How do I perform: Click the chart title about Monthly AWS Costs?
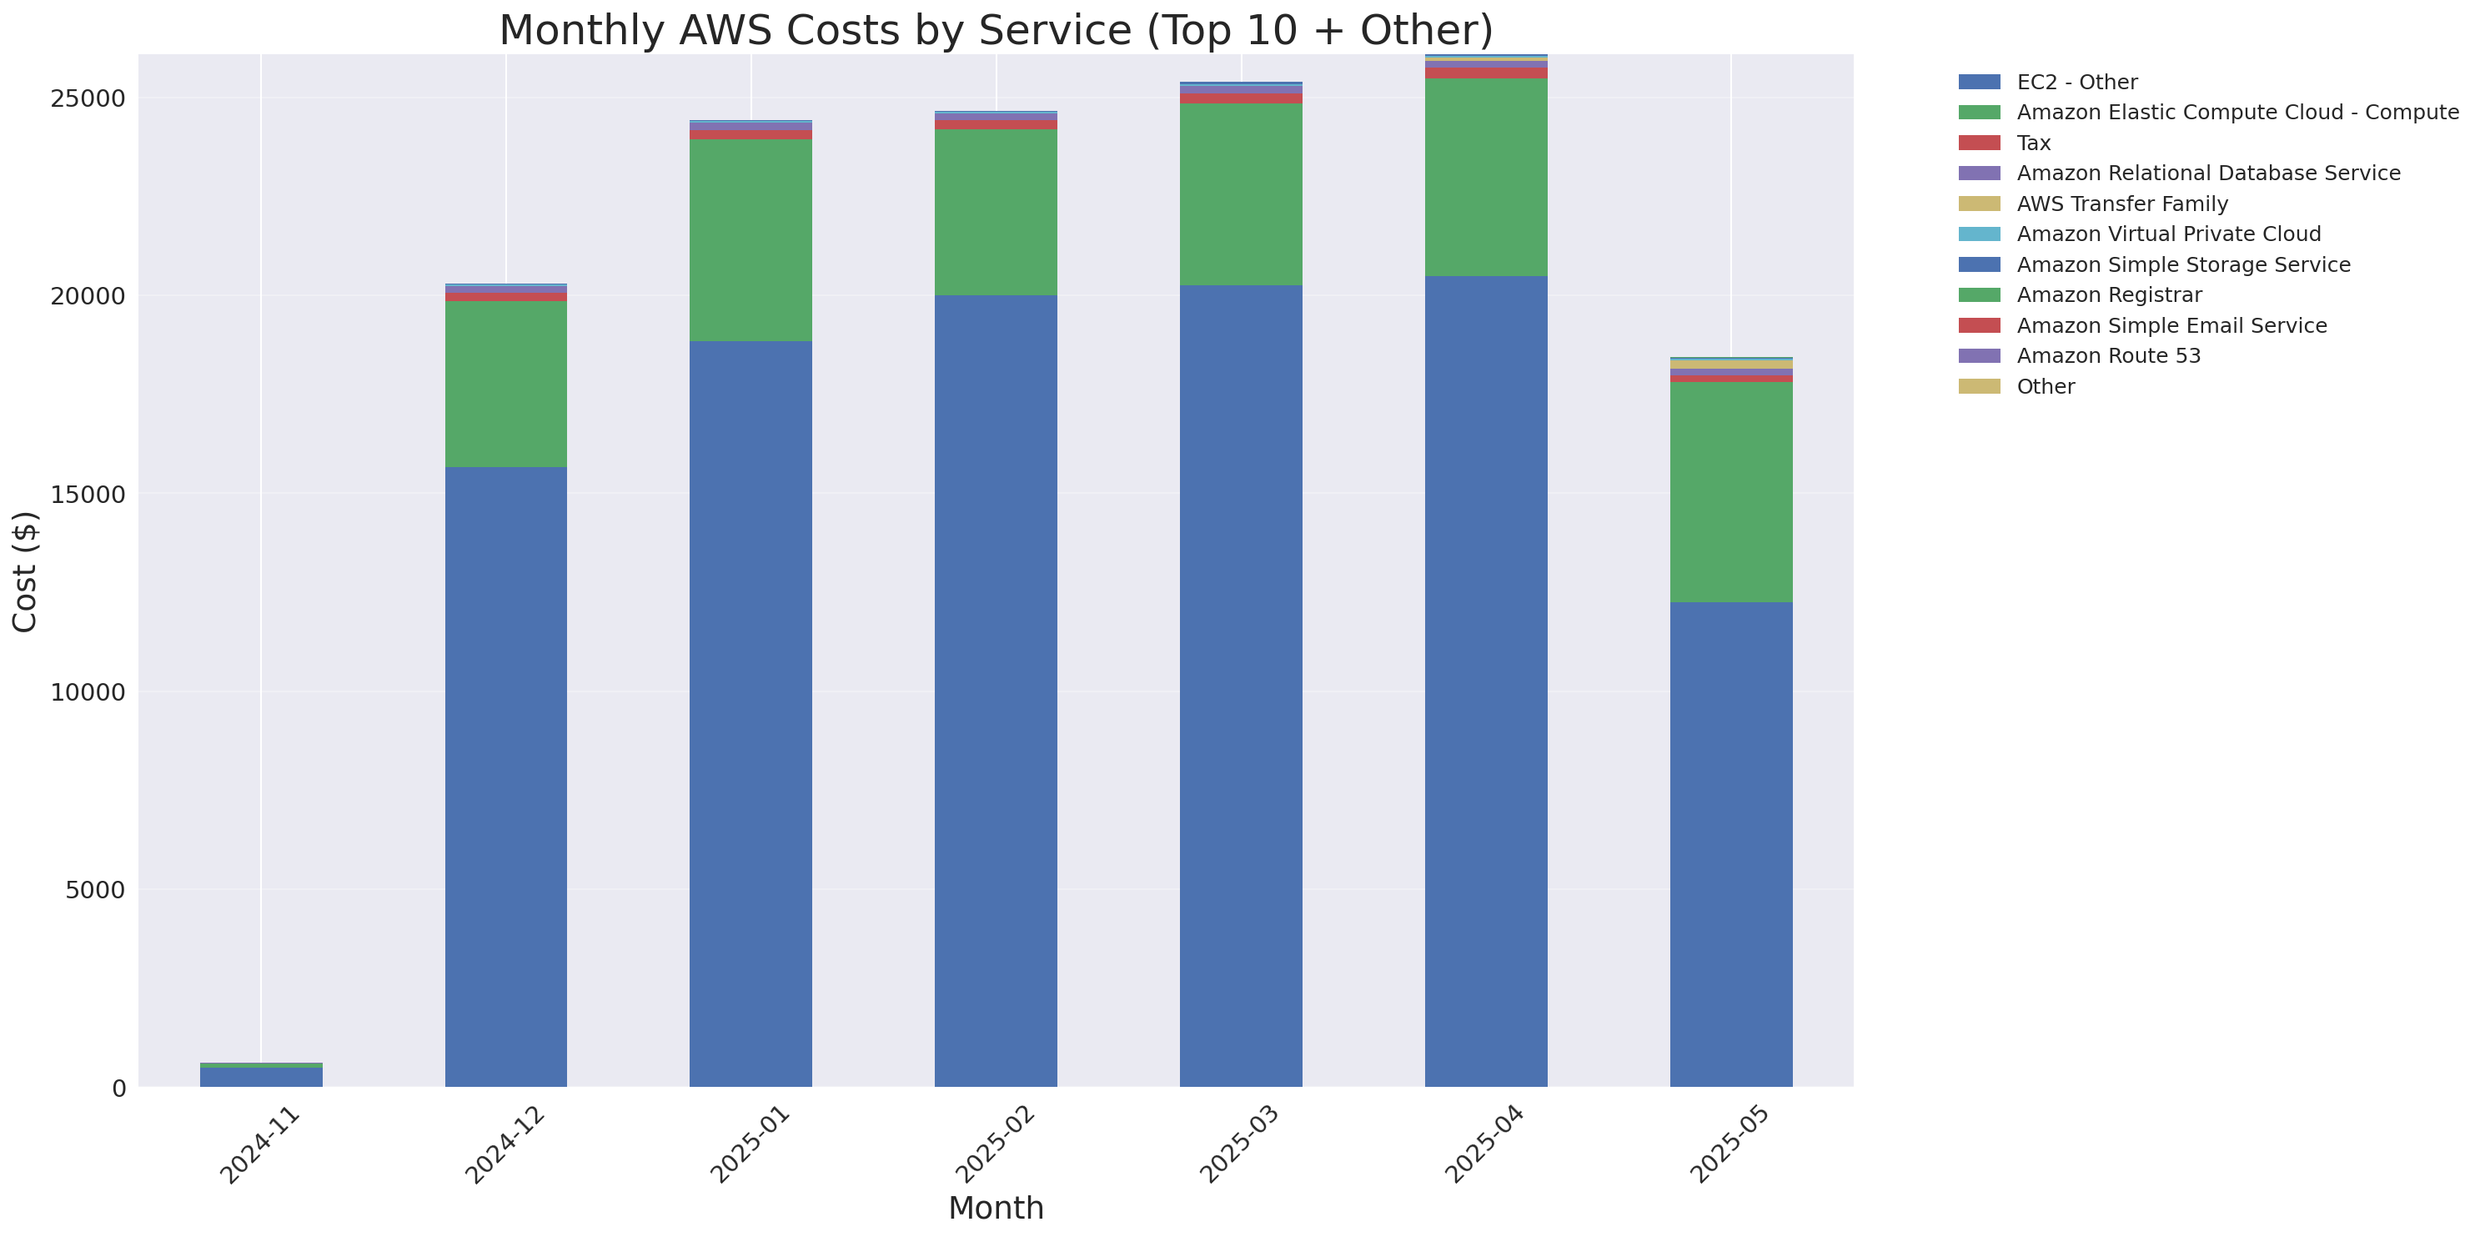tap(996, 30)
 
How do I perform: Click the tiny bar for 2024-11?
tap(261, 1076)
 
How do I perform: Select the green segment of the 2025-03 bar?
tap(1240, 194)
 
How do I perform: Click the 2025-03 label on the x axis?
tap(1238, 1144)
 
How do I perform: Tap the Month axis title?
tap(996, 1207)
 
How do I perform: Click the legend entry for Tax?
tap(2033, 143)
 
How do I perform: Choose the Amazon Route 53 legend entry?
tap(2107, 356)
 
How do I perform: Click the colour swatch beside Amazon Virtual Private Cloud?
tap(1979, 234)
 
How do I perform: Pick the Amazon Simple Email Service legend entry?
tap(2171, 325)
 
